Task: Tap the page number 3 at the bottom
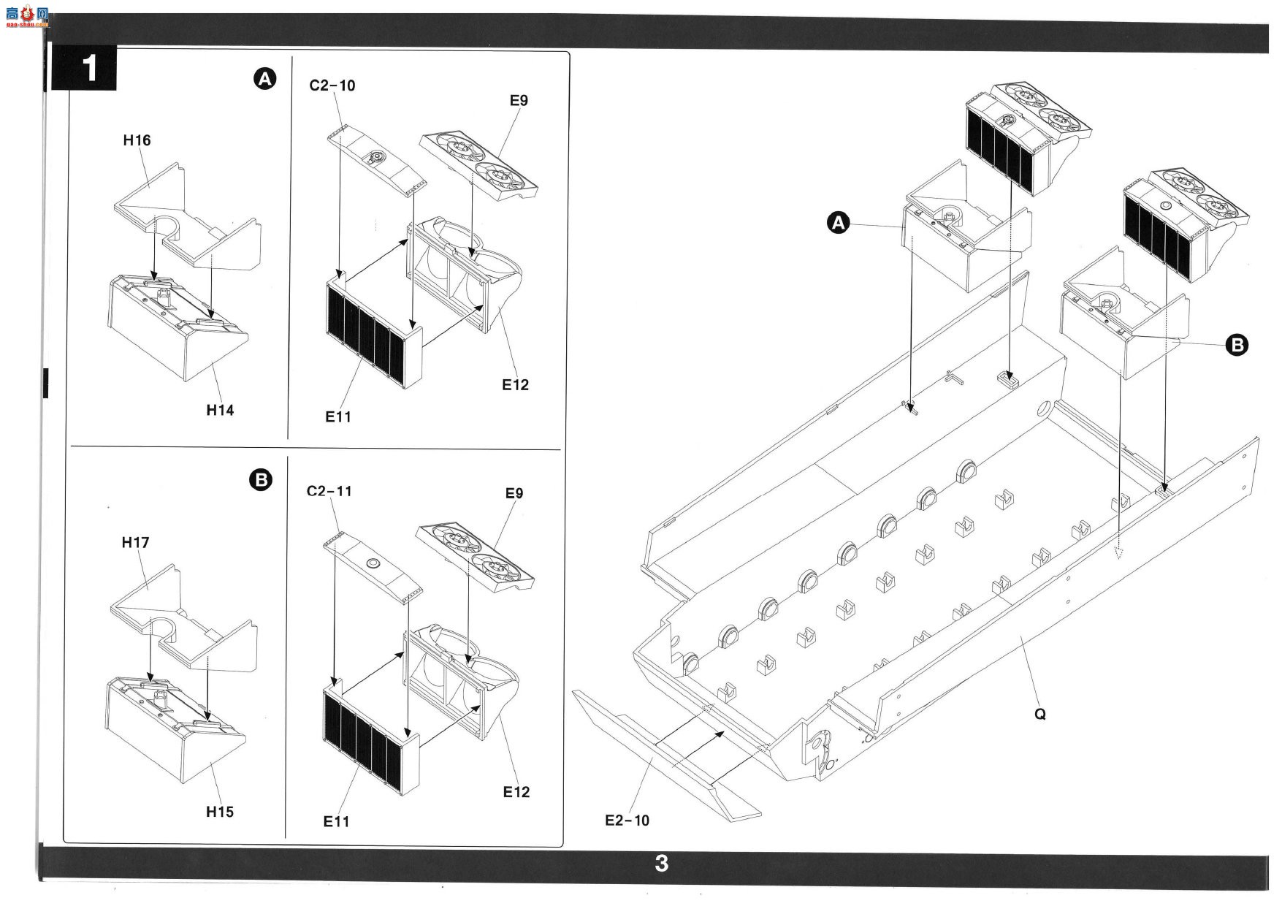(x=662, y=864)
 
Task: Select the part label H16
(x=137, y=140)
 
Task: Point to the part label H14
(x=220, y=410)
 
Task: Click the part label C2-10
(x=332, y=85)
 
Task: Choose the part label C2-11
(x=329, y=491)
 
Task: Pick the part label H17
(x=136, y=542)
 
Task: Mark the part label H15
(x=220, y=812)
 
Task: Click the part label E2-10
(x=627, y=821)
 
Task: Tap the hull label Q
(x=1040, y=714)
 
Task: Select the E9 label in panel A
(x=519, y=101)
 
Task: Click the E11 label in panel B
(x=337, y=822)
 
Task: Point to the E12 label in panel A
(x=515, y=385)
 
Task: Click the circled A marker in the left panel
(x=264, y=79)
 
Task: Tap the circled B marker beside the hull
(x=1237, y=345)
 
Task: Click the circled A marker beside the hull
(x=838, y=222)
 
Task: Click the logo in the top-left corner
(x=27, y=16)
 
